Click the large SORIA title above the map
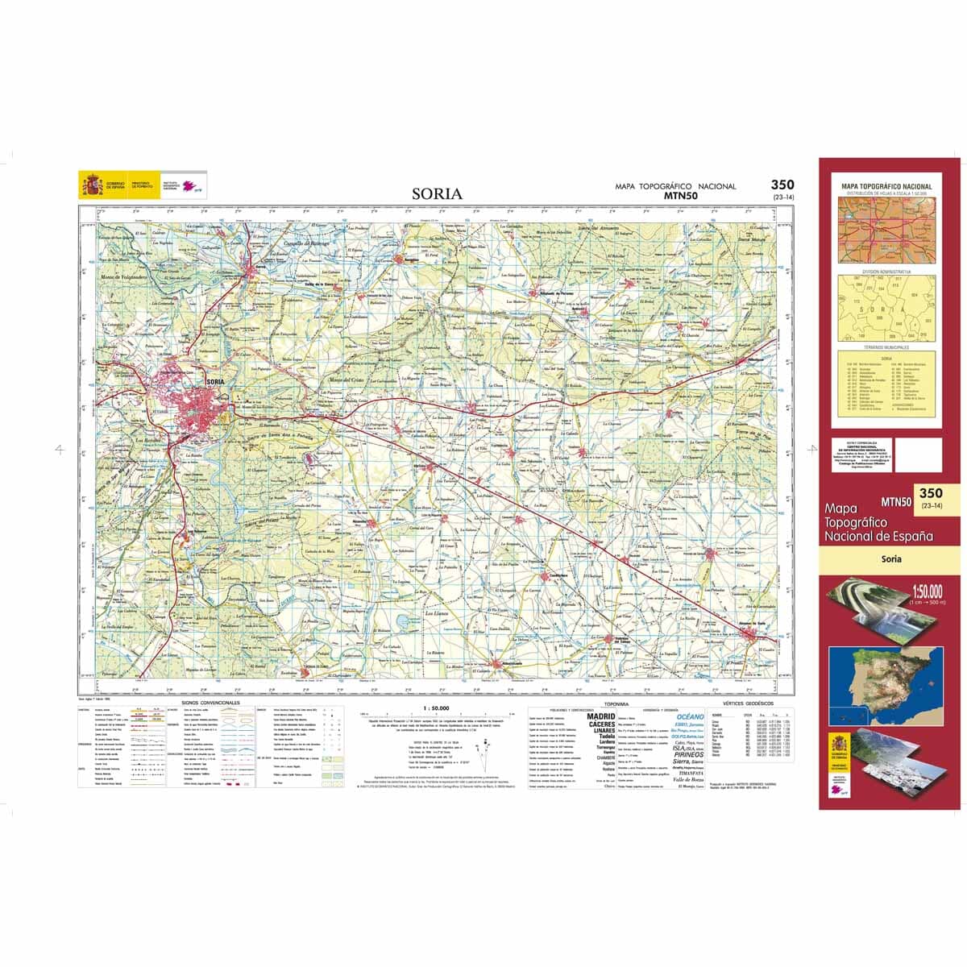point(437,193)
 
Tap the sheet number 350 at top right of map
point(782,185)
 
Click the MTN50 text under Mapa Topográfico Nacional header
point(680,195)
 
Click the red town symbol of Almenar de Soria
point(756,636)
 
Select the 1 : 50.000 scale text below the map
point(436,708)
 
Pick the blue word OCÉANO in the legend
point(690,716)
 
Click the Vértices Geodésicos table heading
point(749,703)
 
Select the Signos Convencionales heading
point(211,703)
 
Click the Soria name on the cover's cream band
point(890,558)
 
